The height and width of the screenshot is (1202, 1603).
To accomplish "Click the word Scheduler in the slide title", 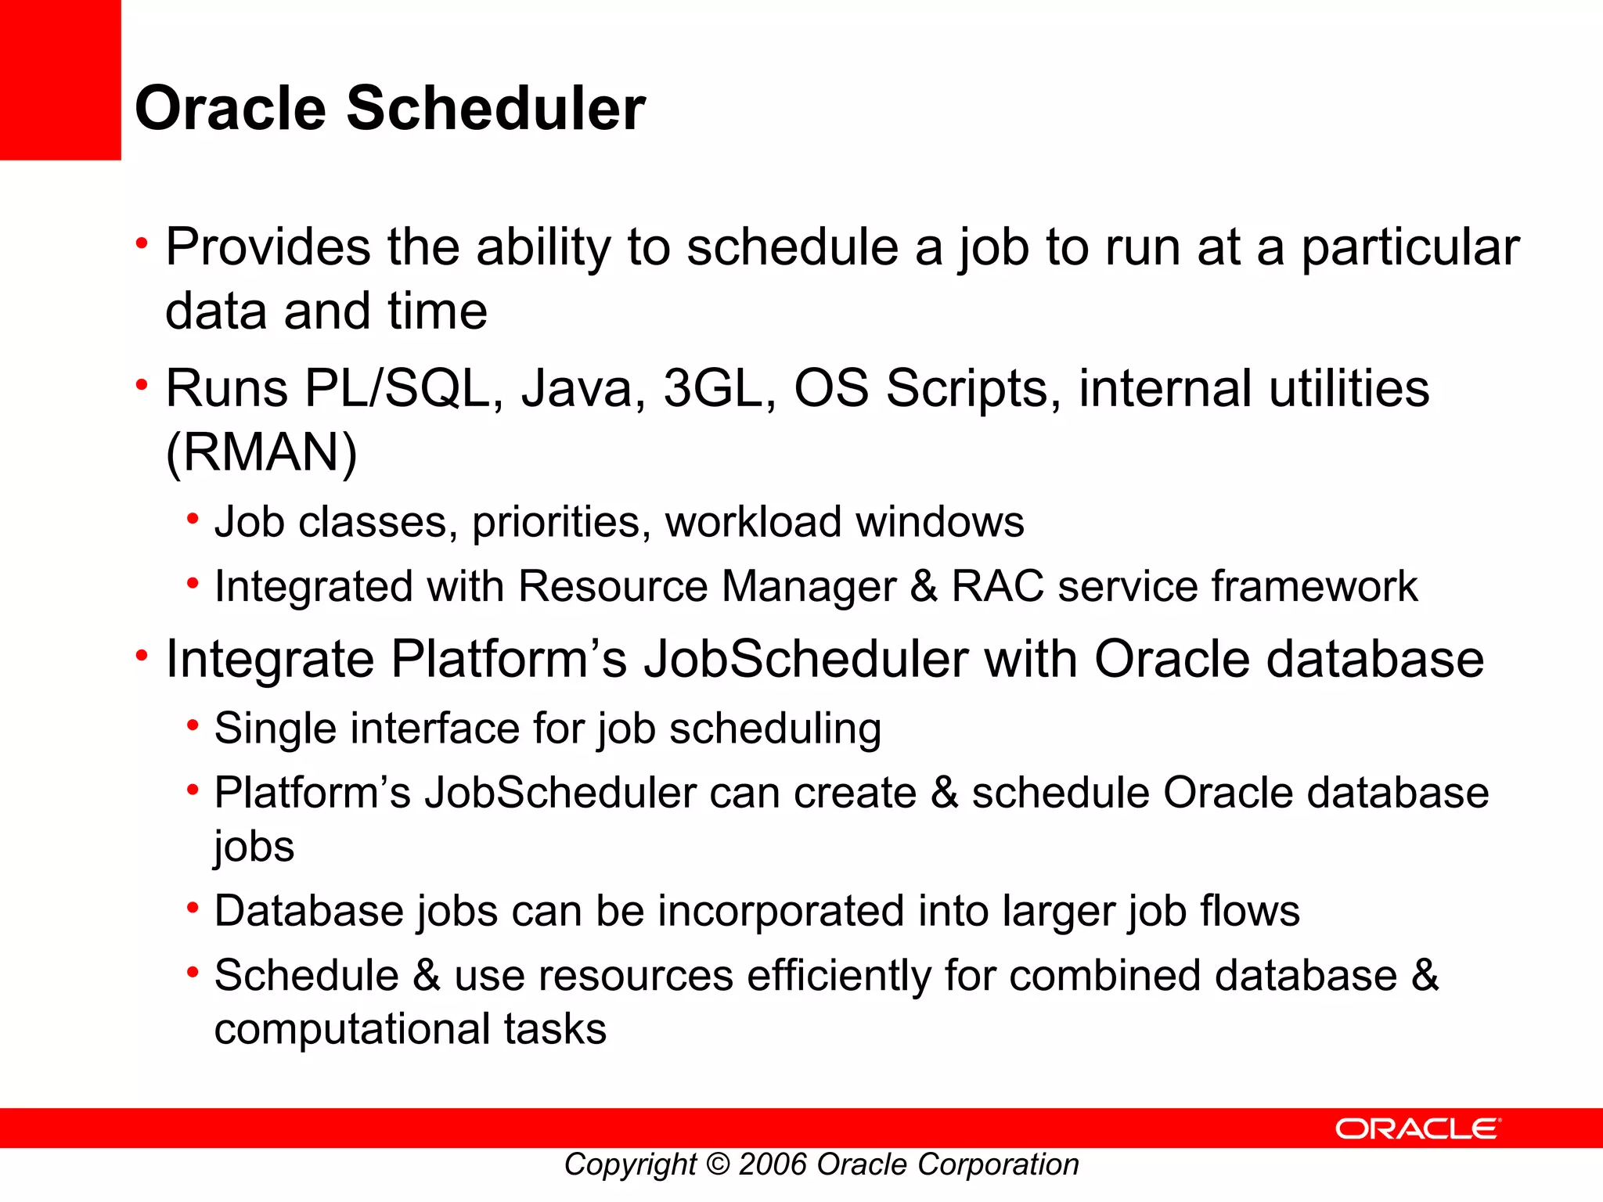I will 495,108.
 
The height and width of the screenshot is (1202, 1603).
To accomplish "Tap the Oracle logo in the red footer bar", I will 1417,1128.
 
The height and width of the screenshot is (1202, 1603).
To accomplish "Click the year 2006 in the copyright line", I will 773,1164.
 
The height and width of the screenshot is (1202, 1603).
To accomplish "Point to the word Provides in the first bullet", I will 268,247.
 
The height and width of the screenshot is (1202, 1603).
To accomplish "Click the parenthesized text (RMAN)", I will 261,452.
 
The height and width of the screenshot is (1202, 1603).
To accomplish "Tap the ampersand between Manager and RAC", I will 924,586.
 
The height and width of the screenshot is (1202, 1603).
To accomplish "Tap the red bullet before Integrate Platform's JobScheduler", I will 142,654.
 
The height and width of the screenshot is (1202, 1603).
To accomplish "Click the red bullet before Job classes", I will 193,518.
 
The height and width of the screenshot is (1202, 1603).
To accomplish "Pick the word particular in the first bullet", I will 1410,247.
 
